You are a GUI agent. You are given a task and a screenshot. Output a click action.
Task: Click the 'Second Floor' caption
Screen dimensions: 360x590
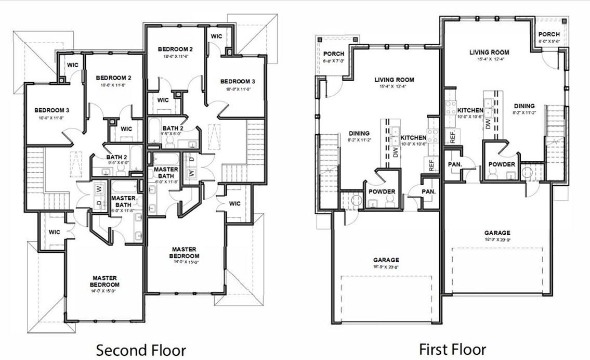pyautogui.click(x=141, y=350)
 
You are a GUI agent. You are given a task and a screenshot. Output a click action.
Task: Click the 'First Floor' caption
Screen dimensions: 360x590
pyautogui.click(x=452, y=349)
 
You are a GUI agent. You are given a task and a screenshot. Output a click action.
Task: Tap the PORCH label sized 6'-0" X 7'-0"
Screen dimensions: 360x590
pyautogui.click(x=334, y=54)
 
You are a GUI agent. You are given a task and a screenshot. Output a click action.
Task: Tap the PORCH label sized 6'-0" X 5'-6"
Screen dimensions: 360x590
pyautogui.click(x=549, y=34)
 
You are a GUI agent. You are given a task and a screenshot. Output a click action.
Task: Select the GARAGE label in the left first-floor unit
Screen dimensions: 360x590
pyautogui.click(x=386, y=260)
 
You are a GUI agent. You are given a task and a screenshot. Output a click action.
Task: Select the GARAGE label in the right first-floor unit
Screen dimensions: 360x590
pyautogui.click(x=497, y=233)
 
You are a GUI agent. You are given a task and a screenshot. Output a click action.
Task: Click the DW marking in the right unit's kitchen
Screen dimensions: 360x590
pyautogui.click(x=488, y=124)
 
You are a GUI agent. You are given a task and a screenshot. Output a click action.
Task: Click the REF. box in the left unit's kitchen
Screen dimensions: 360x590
pyautogui.click(x=431, y=164)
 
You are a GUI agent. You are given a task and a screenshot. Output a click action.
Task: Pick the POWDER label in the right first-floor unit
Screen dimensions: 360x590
pyautogui.click(x=501, y=164)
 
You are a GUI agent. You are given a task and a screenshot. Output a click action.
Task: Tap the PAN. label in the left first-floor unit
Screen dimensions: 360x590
pyautogui.click(x=429, y=191)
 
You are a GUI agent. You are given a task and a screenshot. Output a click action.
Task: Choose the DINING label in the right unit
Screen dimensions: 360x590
pyautogui.click(x=524, y=106)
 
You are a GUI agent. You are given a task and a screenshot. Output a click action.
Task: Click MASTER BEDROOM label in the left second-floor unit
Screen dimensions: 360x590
pyautogui.click(x=104, y=281)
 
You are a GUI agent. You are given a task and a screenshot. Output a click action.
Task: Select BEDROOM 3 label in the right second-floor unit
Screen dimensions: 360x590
pyautogui.click(x=238, y=82)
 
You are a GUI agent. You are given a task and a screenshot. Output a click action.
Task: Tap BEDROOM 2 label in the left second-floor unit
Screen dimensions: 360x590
pyautogui.click(x=113, y=78)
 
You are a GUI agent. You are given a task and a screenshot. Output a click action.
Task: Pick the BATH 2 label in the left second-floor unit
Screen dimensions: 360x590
pyautogui.click(x=117, y=157)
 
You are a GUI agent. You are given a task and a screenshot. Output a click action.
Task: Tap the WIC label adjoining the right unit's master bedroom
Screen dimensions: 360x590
pyautogui.click(x=234, y=203)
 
